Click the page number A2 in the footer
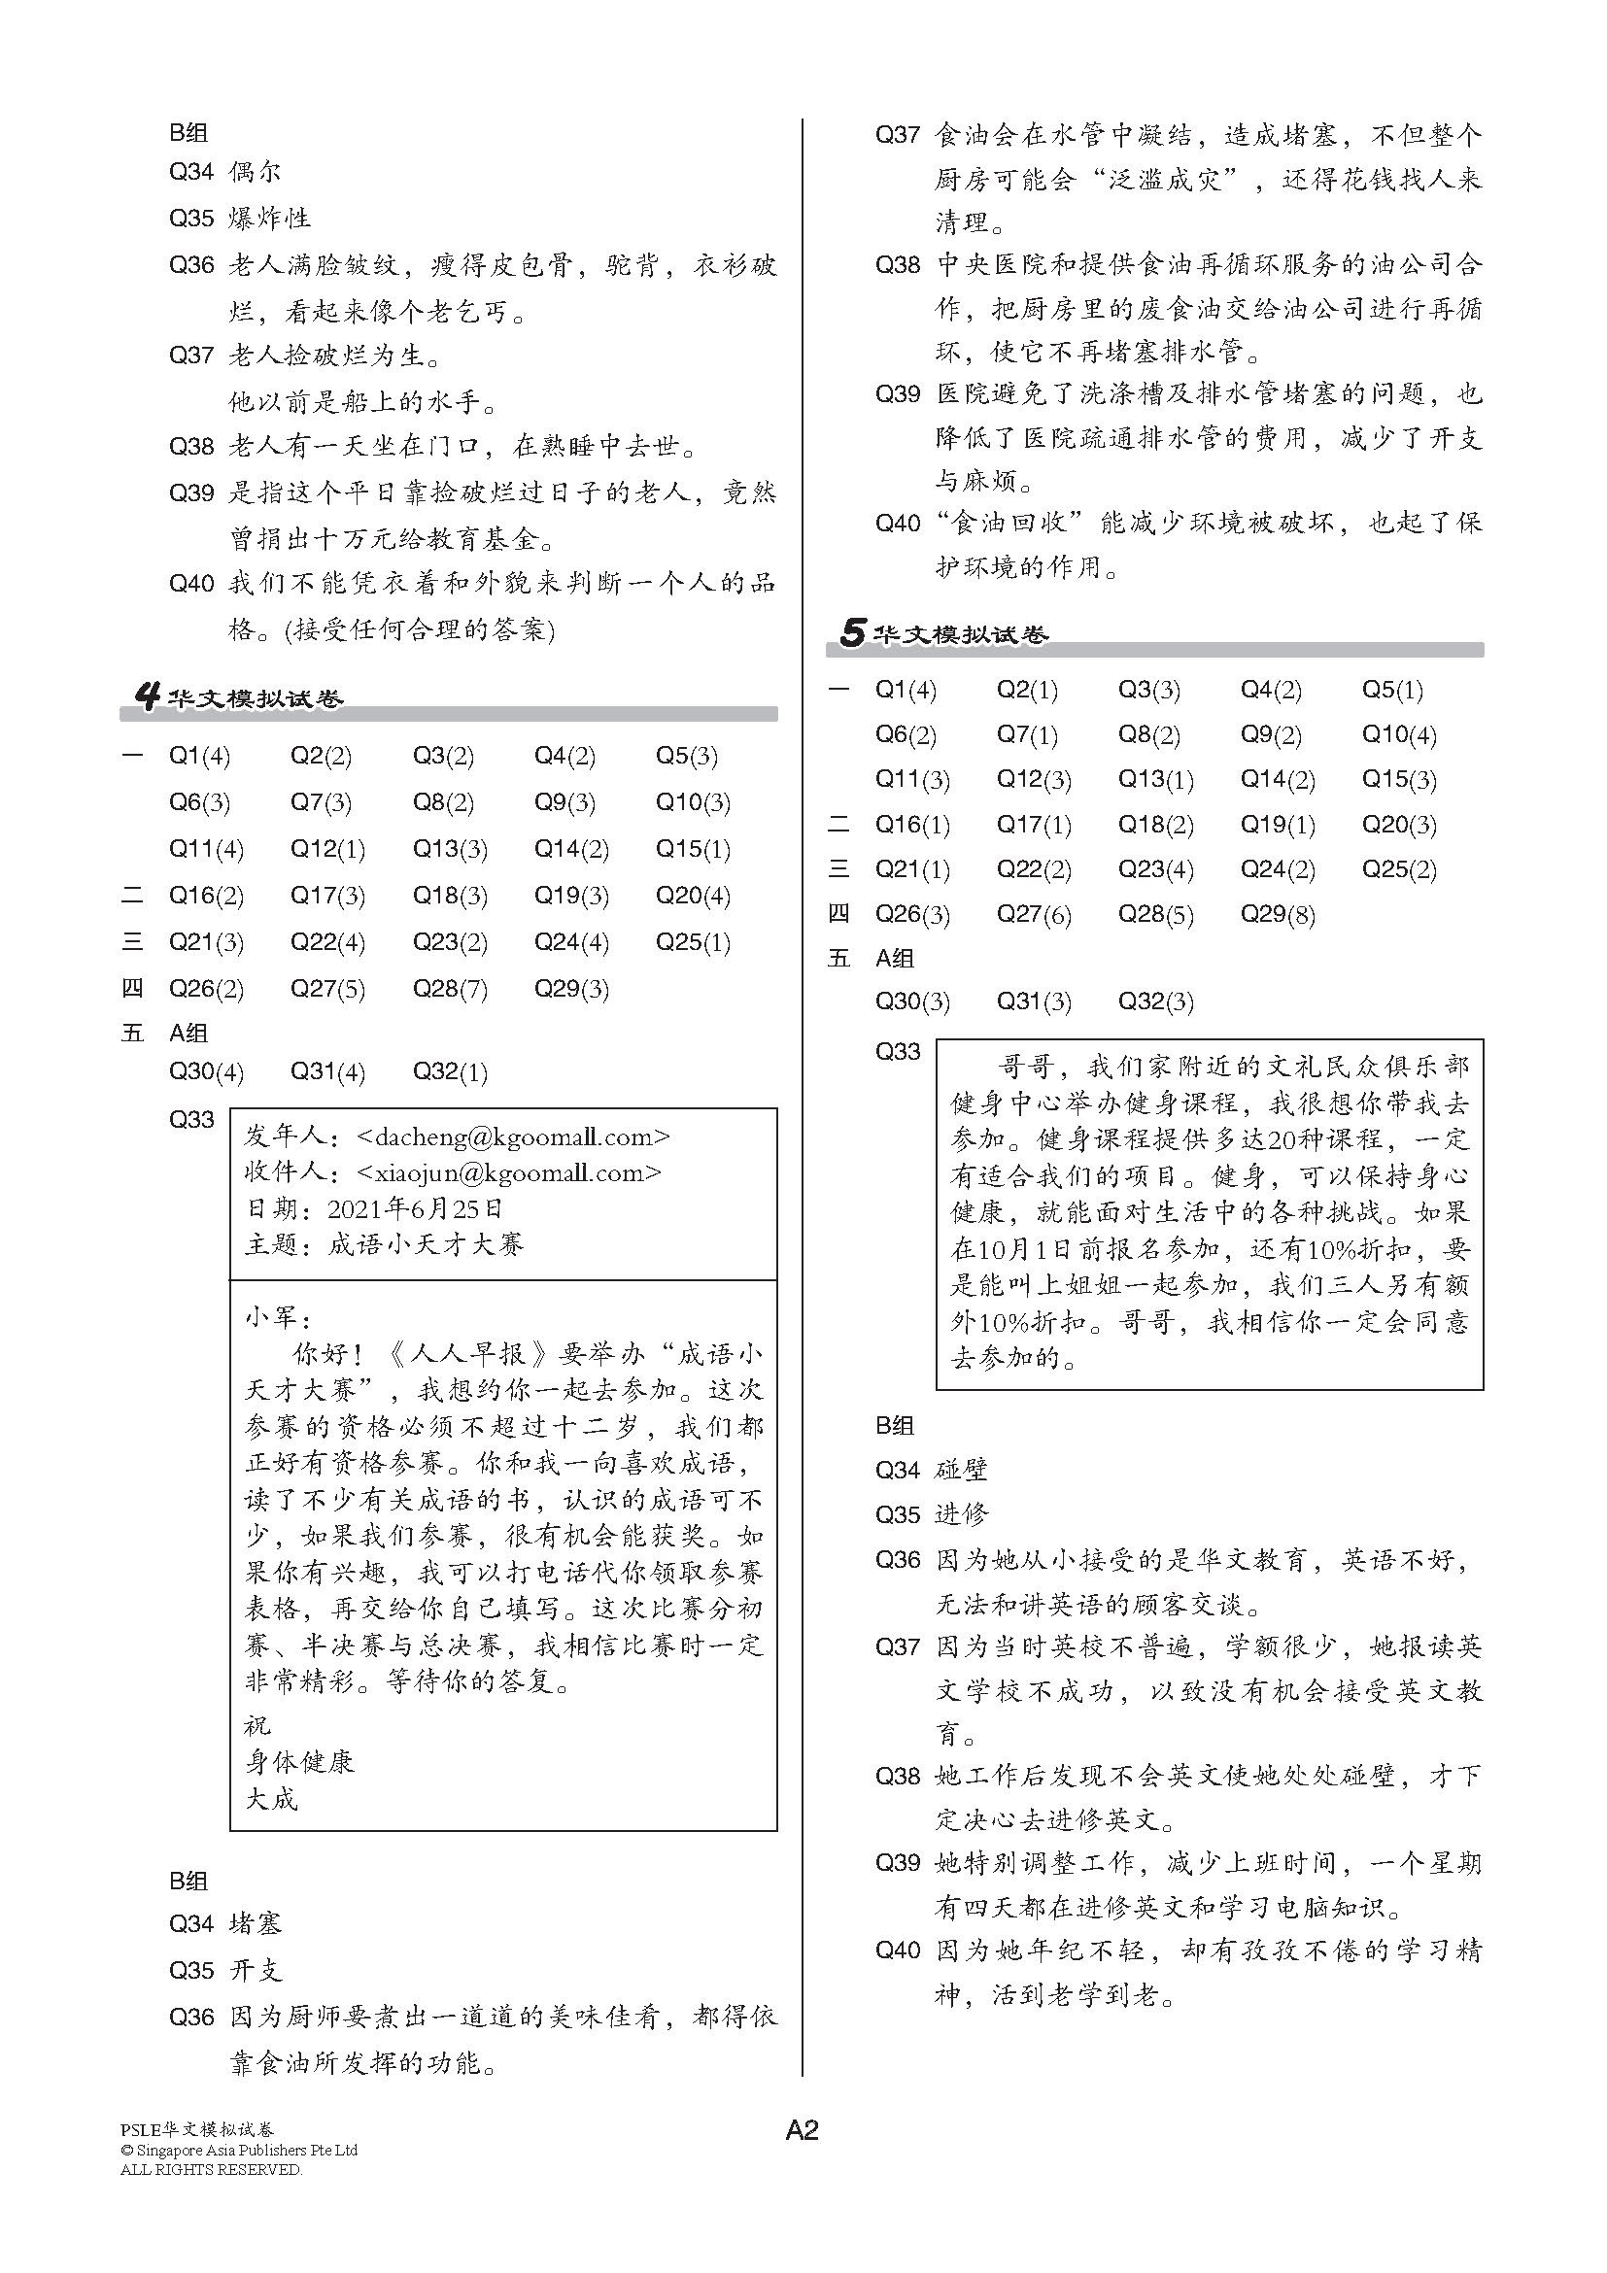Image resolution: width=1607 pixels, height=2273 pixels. pyautogui.click(x=802, y=2130)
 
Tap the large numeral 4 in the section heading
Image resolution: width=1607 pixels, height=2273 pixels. pyautogui.click(x=147, y=698)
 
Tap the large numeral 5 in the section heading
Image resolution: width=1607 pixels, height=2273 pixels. pyautogui.click(x=851, y=632)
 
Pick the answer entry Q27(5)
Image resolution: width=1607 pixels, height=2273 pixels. pyautogui.click(x=327, y=989)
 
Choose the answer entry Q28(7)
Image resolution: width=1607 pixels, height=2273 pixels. pyautogui.click(x=450, y=989)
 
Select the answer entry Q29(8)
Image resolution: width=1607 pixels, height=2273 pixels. pyautogui.click(x=1278, y=915)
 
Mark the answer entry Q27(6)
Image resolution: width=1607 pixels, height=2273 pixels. pyautogui.click(x=1034, y=915)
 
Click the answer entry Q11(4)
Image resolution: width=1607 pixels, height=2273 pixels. pyautogui.click(x=206, y=849)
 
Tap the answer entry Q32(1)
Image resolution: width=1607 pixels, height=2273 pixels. pyautogui.click(x=450, y=1072)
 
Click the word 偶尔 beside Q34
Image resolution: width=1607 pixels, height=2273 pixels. pyautogui.click(x=256, y=172)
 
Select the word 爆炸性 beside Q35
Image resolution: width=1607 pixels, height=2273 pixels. pyautogui.click(x=269, y=218)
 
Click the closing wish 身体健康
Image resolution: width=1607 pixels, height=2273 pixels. pyautogui.click(x=299, y=1762)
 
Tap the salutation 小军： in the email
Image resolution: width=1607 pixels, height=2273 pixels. pyautogui.click(x=278, y=1318)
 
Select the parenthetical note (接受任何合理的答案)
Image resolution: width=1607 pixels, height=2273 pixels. pyautogui.click(x=419, y=629)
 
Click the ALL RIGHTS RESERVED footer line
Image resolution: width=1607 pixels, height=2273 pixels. pyautogui.click(x=211, y=2170)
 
